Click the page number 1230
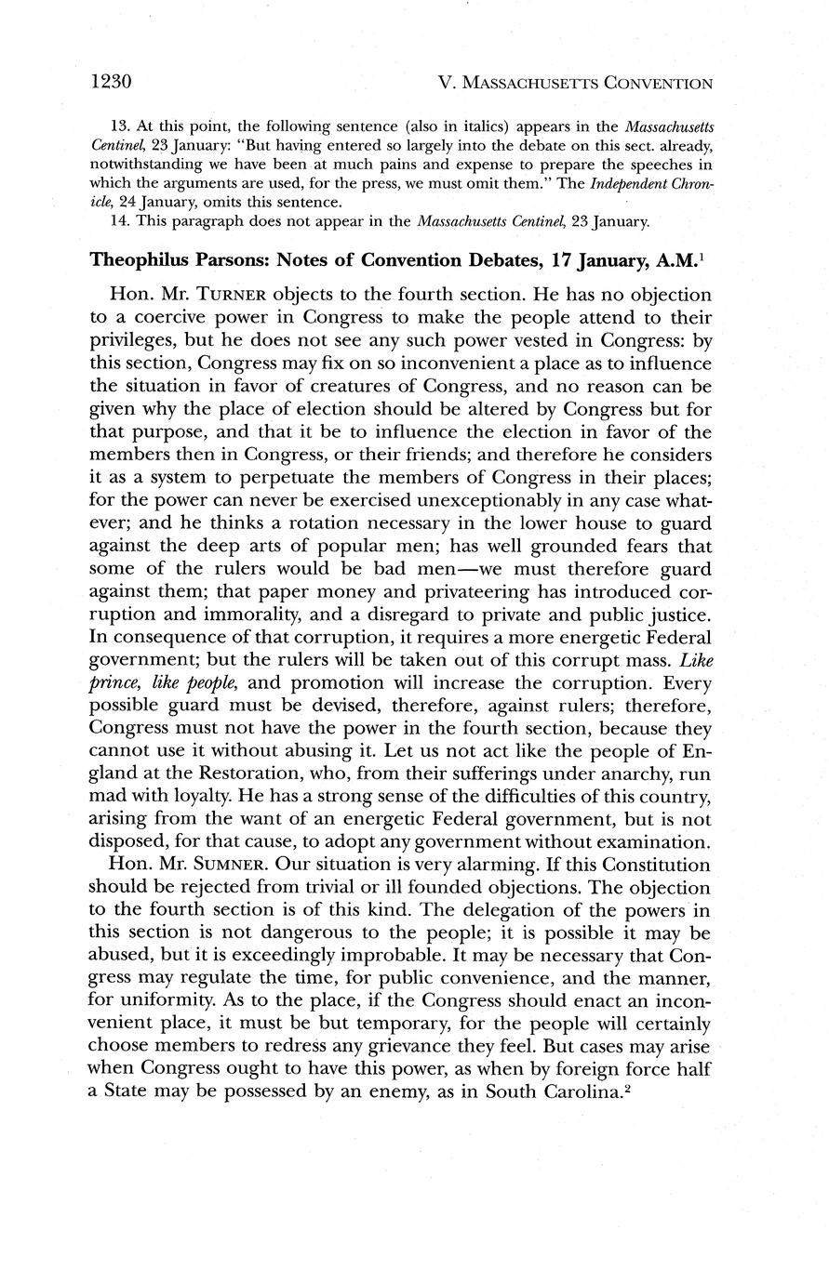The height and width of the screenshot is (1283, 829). tap(114, 82)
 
